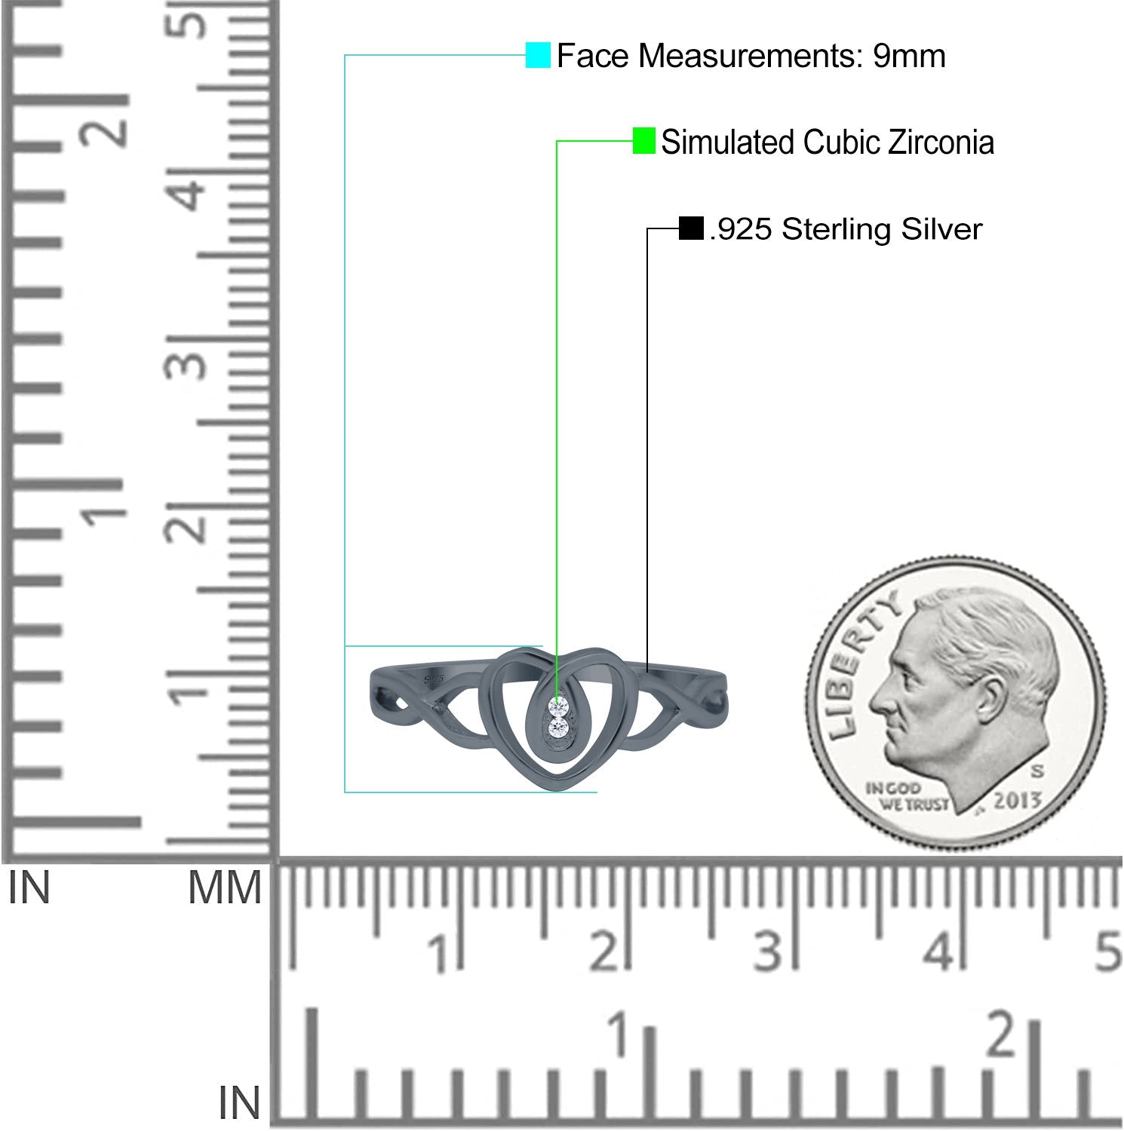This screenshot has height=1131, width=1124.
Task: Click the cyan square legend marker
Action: tap(538, 55)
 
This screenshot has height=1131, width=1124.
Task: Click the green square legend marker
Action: tap(643, 141)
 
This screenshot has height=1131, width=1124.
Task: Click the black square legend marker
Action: tap(691, 228)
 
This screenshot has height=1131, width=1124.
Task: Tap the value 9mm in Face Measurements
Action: tap(909, 56)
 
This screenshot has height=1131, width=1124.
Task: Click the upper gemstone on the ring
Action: tap(558, 706)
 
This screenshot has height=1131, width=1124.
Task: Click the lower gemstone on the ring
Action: tap(558, 728)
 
